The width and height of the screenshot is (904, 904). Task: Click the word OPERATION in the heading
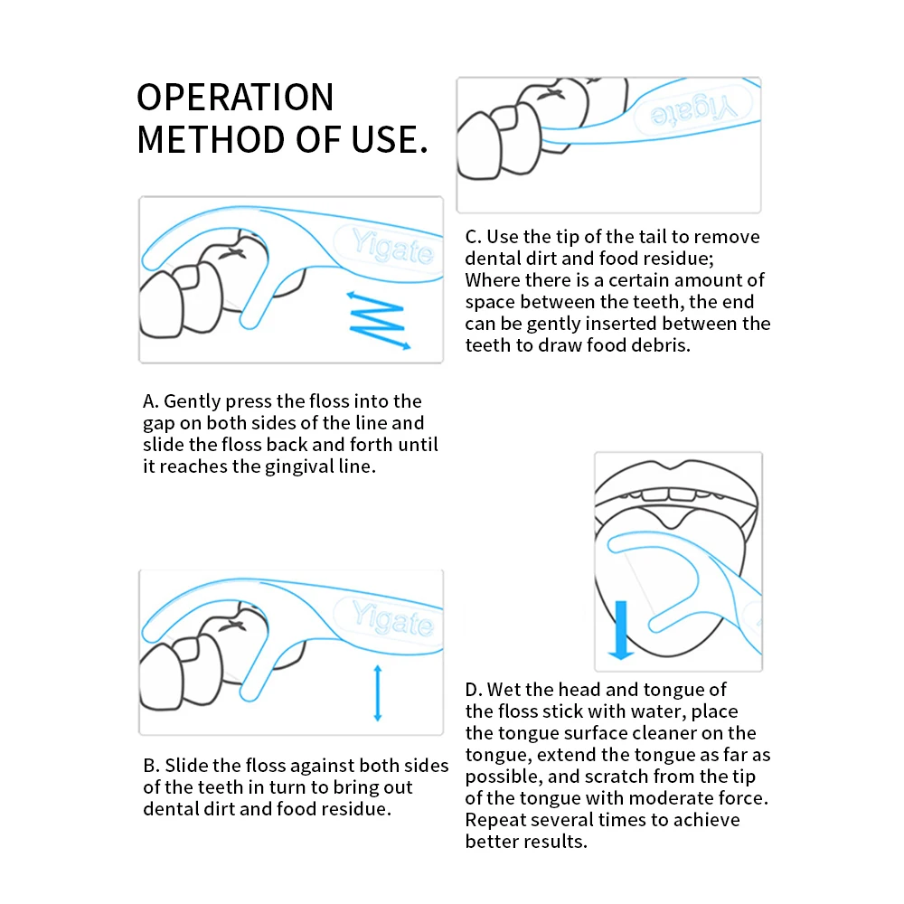[235, 98]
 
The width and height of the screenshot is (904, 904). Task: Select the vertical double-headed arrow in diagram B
[378, 692]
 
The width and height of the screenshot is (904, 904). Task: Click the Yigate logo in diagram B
[393, 619]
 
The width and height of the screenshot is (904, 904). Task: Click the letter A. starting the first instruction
[151, 401]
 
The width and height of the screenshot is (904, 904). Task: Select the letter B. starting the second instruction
[151, 766]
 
